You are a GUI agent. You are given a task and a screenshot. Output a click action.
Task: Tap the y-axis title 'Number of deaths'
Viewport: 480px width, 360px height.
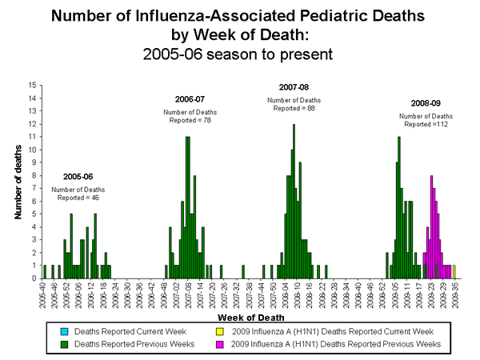(x=17, y=182)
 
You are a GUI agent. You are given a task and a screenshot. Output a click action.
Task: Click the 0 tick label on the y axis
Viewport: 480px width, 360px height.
(x=32, y=278)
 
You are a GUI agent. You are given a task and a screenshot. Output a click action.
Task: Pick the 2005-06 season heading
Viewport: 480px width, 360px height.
(x=78, y=177)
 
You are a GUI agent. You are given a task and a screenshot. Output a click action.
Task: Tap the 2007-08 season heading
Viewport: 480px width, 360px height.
(x=294, y=87)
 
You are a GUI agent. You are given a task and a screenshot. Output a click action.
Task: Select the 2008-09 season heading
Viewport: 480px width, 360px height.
(x=426, y=103)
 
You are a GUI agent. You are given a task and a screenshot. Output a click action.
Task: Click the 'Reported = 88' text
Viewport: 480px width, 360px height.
(x=294, y=106)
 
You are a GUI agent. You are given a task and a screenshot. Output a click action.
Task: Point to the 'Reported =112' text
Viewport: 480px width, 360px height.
(x=426, y=124)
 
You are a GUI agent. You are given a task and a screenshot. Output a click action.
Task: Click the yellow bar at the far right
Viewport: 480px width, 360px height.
(x=454, y=272)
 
